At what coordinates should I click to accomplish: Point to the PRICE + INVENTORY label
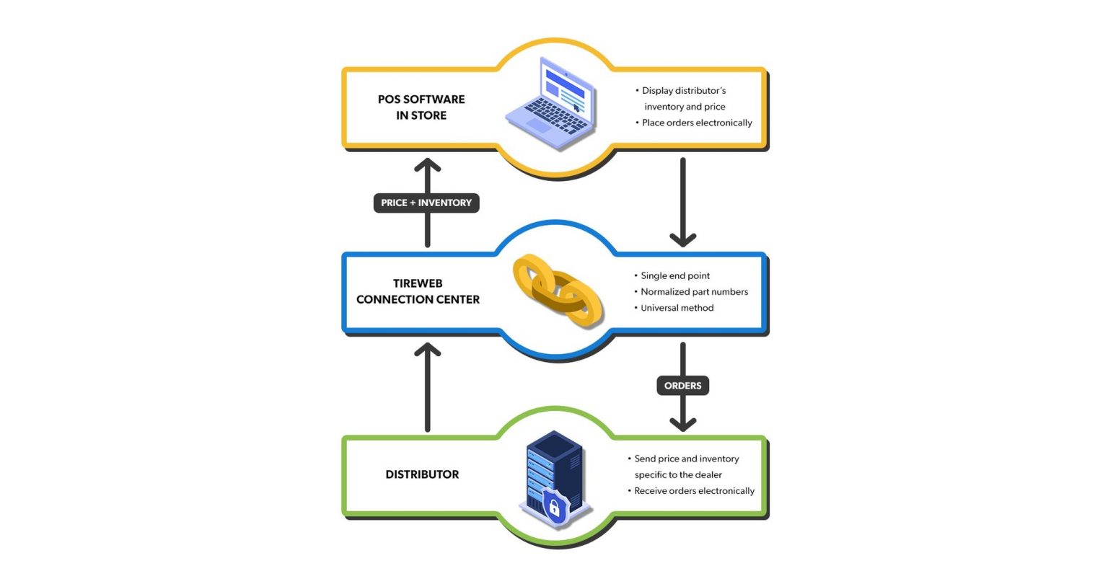point(426,203)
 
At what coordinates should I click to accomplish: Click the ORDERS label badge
point(682,386)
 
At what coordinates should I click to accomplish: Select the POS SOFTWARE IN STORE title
point(421,107)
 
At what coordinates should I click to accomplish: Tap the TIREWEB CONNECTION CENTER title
point(418,291)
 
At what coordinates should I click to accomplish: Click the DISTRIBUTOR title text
point(422,474)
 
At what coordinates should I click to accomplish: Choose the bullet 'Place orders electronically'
point(697,123)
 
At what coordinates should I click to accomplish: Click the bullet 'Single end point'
point(675,275)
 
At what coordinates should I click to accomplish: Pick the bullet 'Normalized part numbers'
point(694,292)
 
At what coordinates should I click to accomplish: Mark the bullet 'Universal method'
point(677,308)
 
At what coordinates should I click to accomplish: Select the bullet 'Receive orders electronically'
point(694,491)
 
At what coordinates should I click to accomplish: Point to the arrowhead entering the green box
point(682,423)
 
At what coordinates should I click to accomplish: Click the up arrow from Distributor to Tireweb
point(428,389)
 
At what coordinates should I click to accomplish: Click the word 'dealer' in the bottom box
point(708,475)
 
